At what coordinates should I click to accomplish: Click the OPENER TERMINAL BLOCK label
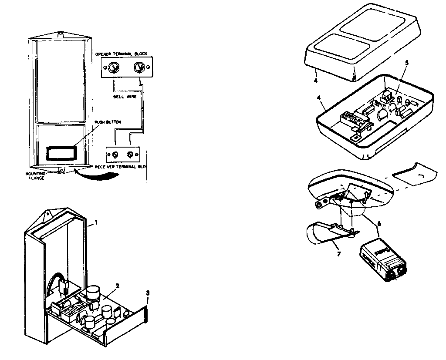pos(124,54)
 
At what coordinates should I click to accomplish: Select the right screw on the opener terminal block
pos(139,67)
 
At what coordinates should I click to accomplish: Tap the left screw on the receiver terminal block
pos(116,155)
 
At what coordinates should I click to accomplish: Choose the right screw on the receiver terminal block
pos(130,155)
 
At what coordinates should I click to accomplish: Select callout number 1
pos(96,222)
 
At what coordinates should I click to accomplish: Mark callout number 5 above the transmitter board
pos(406,63)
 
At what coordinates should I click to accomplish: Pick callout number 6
pos(378,223)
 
